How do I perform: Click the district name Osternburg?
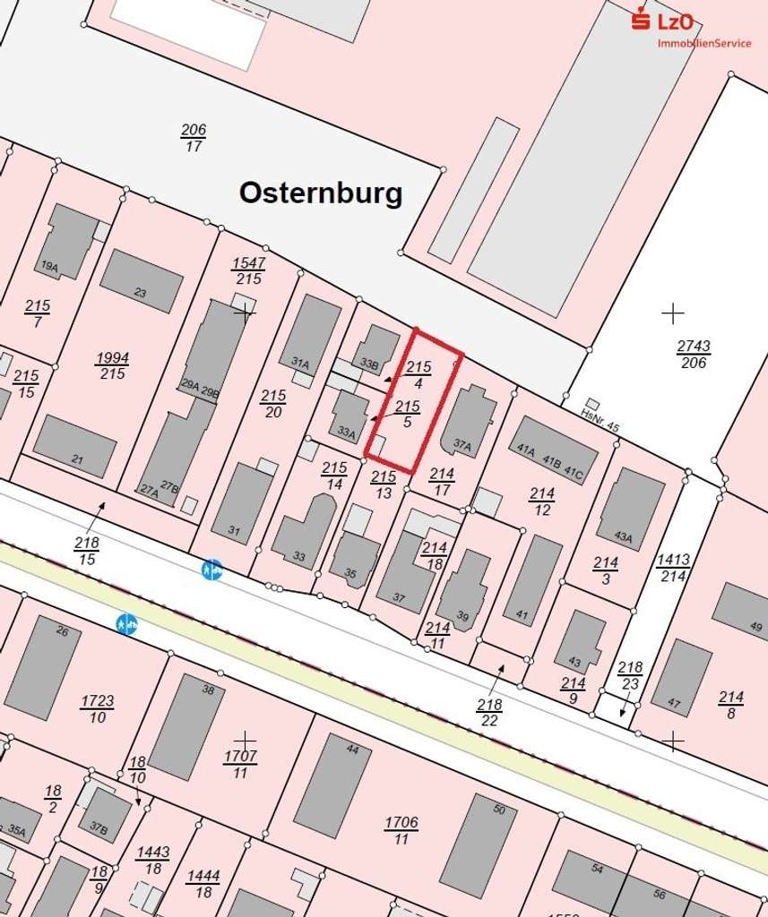pos(321,193)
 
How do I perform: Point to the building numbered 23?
pos(142,280)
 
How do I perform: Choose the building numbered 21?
pos(75,446)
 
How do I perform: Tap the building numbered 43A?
pos(631,508)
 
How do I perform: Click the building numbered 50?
pos(478,844)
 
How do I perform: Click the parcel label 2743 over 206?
pos(693,354)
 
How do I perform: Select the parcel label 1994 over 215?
pos(112,365)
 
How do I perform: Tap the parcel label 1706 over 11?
pos(401,830)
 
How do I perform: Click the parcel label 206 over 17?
pos(194,137)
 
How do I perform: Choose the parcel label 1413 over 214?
pos(673,568)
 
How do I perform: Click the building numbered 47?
pos(681,676)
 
